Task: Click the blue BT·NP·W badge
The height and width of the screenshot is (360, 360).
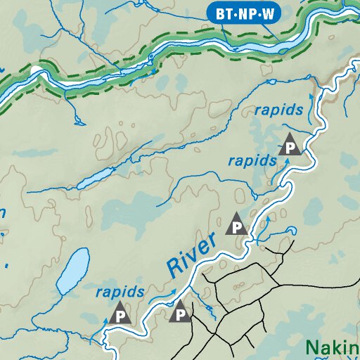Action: point(243,12)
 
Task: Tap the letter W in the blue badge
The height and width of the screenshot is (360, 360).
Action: point(268,12)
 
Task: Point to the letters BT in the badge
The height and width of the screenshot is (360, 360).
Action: point(221,12)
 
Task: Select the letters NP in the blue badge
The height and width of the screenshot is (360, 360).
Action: point(245,12)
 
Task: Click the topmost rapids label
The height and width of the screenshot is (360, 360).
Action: point(279,110)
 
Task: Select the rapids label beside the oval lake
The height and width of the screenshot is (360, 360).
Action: point(120,291)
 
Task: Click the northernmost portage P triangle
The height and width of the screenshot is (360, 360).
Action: point(290,145)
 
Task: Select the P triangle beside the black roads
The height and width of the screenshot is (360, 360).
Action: point(181,312)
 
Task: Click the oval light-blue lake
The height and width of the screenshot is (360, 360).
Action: point(72,271)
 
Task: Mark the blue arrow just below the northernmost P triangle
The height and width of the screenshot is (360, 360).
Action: point(286,162)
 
